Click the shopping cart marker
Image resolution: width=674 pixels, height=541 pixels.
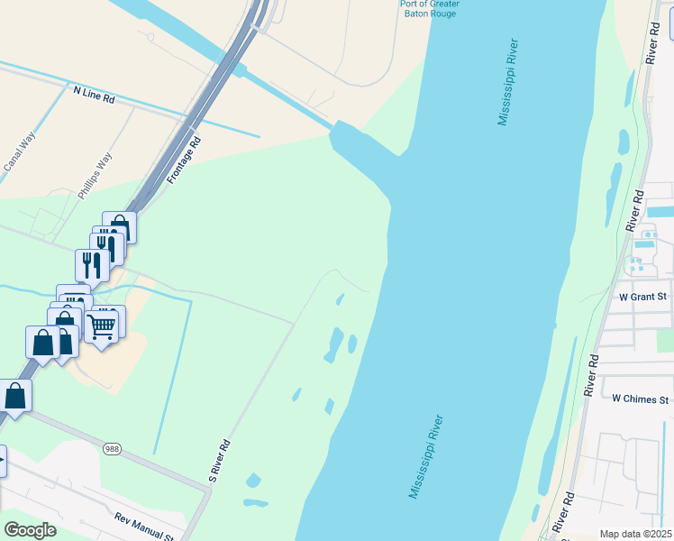coord(103,325)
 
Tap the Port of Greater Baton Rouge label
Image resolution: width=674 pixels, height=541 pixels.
coord(430,9)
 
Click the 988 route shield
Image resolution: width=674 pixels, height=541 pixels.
coord(112,449)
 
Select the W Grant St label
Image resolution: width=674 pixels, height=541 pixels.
coord(642,296)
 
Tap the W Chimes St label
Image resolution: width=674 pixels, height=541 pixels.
coord(641,399)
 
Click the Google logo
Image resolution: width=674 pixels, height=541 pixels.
coord(30,530)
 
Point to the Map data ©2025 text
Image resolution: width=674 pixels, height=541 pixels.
coord(634,534)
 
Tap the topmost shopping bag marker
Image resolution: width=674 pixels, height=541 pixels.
coord(119,227)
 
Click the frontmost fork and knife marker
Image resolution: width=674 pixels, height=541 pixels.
coord(92,264)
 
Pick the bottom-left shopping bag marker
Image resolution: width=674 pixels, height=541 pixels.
coord(15,395)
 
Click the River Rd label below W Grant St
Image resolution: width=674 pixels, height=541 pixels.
coord(592,375)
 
